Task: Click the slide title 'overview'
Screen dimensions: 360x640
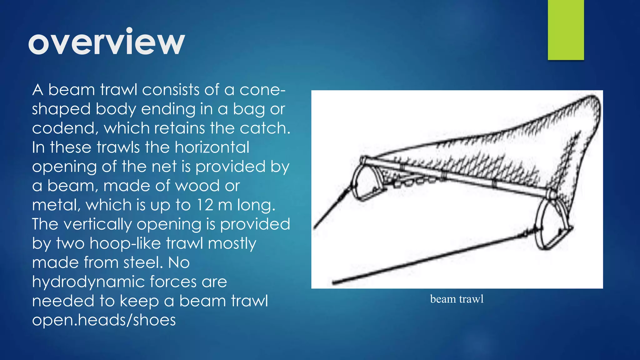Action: [107, 42]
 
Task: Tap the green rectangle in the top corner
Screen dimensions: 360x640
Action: [566, 30]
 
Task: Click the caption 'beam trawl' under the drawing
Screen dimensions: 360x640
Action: [457, 299]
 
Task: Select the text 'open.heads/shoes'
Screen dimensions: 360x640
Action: [104, 320]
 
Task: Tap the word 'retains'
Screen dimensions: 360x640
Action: [179, 128]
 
